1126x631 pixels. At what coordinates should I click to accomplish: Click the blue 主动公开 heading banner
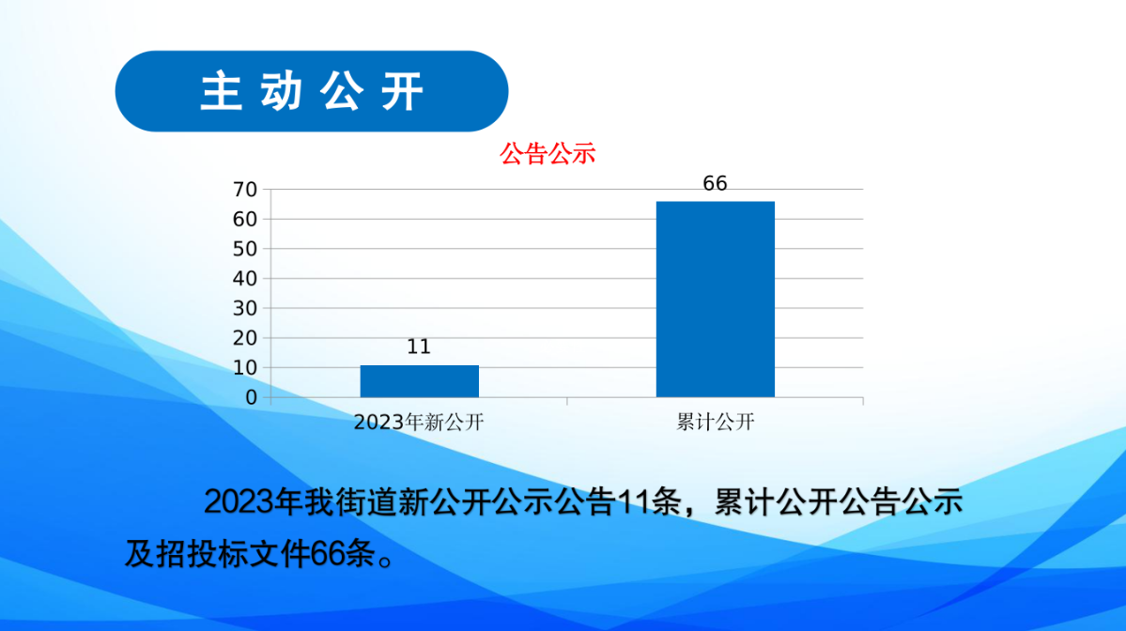tap(312, 91)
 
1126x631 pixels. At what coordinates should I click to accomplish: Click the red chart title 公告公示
tap(548, 154)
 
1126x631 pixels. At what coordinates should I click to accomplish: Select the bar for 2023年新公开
tap(420, 381)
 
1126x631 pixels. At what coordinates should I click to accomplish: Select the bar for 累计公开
tap(716, 300)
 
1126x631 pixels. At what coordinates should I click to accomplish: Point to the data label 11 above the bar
tap(419, 346)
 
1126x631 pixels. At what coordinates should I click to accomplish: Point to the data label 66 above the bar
tap(715, 184)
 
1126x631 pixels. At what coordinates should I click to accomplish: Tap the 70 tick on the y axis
tap(245, 190)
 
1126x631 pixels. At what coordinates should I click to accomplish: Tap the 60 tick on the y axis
tap(245, 219)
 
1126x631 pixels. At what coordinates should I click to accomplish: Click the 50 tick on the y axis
tap(245, 249)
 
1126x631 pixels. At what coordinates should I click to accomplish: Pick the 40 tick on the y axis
tap(245, 279)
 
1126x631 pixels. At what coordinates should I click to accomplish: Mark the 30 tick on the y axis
tap(245, 308)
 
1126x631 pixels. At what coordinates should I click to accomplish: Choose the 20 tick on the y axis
tap(245, 338)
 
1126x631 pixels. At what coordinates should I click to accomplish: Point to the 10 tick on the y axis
tap(245, 367)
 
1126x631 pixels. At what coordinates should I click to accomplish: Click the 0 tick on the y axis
tap(252, 398)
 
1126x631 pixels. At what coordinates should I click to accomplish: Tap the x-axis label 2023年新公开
tap(419, 423)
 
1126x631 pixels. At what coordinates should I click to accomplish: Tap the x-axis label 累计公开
tap(716, 423)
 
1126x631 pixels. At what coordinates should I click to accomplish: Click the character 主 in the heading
tap(222, 92)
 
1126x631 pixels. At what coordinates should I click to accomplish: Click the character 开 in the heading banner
tap(403, 92)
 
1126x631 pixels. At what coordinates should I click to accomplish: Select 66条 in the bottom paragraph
tap(344, 553)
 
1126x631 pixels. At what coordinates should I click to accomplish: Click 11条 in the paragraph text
tap(649, 501)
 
